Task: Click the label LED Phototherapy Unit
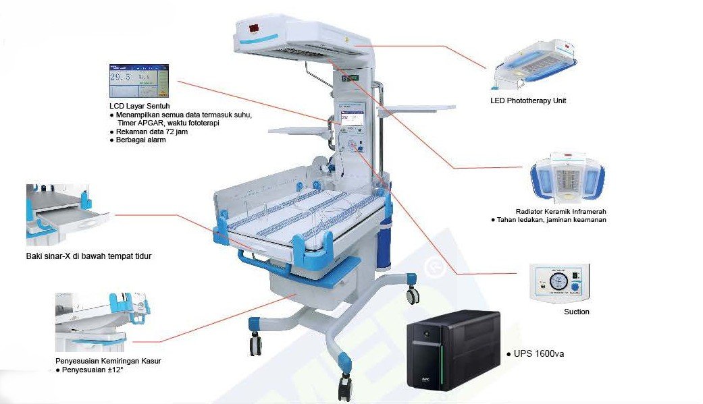(x=528, y=100)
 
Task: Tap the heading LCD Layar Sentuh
(x=139, y=106)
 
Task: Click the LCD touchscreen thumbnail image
(x=139, y=81)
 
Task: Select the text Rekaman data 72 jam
(x=151, y=132)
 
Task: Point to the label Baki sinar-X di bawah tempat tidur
(x=88, y=256)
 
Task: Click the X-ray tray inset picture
(x=68, y=214)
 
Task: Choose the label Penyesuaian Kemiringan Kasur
(x=108, y=361)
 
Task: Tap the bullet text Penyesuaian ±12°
(x=93, y=370)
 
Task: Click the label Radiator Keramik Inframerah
(x=561, y=211)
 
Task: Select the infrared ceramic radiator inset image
(x=567, y=177)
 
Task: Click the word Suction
(x=577, y=312)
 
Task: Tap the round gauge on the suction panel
(x=558, y=281)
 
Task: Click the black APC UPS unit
(x=453, y=350)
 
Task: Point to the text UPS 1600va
(x=539, y=354)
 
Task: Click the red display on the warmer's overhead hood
(x=254, y=28)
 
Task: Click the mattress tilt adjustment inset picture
(x=103, y=322)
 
